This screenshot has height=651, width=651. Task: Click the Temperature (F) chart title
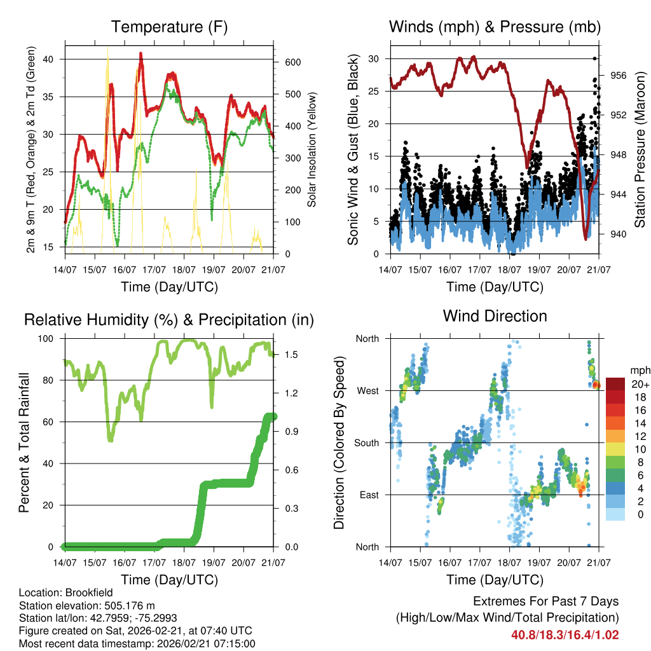pos(169,27)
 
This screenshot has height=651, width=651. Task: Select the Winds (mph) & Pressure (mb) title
pos(495,27)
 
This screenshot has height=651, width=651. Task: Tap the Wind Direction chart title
pos(495,316)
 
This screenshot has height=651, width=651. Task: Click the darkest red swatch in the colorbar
pos(615,384)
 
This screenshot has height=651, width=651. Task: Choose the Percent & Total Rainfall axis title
pos(24,442)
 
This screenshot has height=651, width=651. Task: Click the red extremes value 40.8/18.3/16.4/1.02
pos(565,634)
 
